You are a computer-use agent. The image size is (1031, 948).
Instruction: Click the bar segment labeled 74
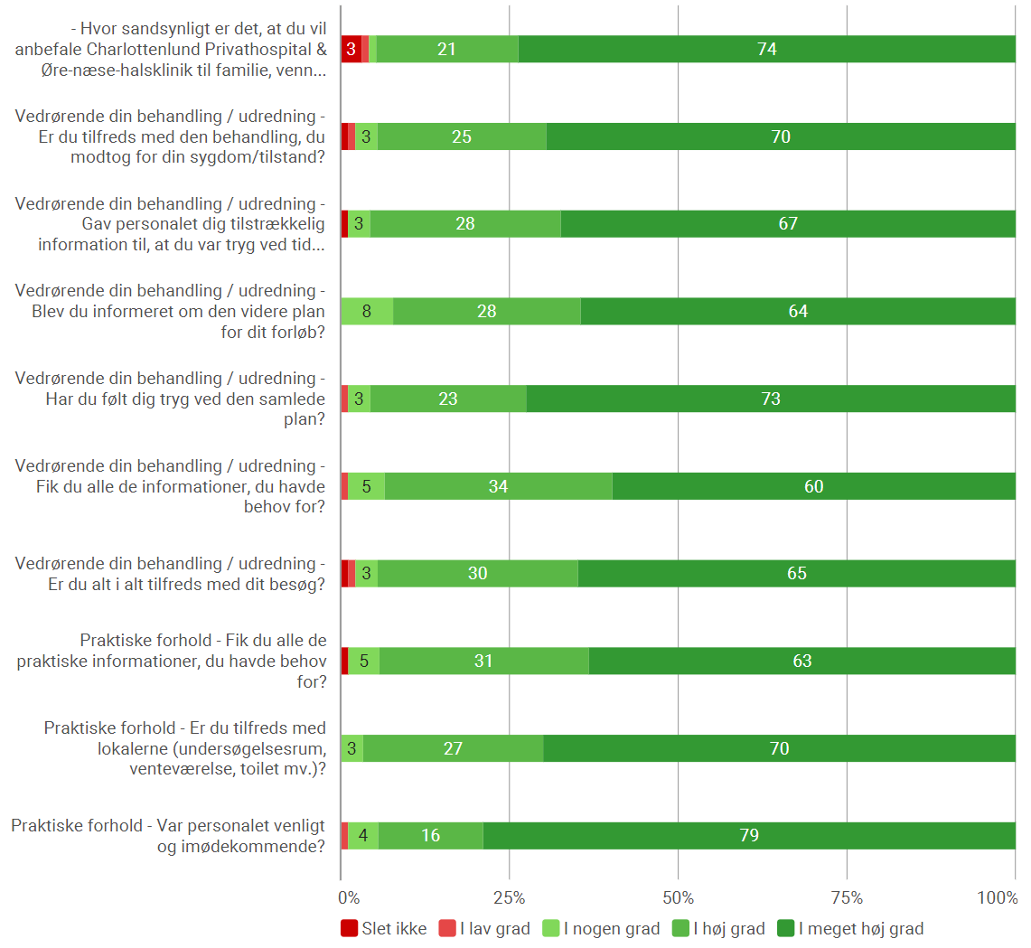pyautogui.click(x=766, y=50)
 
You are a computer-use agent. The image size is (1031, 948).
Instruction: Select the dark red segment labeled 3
pyautogui.click(x=351, y=50)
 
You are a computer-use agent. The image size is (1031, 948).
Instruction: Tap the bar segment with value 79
pyautogui.click(x=749, y=836)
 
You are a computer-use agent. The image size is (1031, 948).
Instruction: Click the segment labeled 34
pyautogui.click(x=498, y=486)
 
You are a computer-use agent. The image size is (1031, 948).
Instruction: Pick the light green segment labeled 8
pyautogui.click(x=367, y=312)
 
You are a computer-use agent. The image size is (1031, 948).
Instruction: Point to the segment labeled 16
pyautogui.click(x=431, y=836)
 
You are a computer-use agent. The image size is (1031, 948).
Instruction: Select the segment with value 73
pyautogui.click(x=771, y=399)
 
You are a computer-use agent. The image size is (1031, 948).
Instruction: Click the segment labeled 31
pyautogui.click(x=483, y=661)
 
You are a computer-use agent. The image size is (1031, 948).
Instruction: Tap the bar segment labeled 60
pyautogui.click(x=813, y=486)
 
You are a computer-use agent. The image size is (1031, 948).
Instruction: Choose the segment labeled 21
pyautogui.click(x=446, y=50)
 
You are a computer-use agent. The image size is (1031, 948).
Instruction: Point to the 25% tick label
pyautogui.click(x=510, y=898)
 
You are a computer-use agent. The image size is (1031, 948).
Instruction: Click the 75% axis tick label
pyautogui.click(x=847, y=898)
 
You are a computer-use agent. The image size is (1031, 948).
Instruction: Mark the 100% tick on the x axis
pyautogui.click(x=998, y=898)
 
